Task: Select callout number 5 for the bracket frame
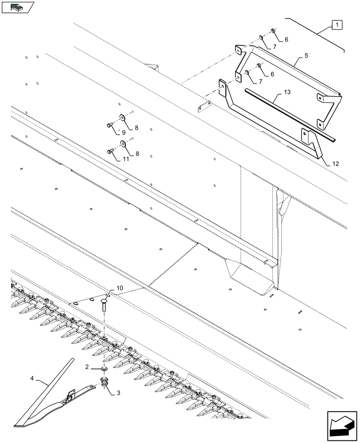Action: (x=306, y=57)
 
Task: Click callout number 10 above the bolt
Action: (x=120, y=288)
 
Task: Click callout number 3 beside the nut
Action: (x=118, y=393)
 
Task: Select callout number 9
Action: (x=124, y=132)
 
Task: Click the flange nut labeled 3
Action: (x=105, y=382)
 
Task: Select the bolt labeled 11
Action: (x=110, y=152)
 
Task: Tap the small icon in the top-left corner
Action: (x=18, y=7)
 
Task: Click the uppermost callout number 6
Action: (x=286, y=40)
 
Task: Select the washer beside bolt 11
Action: (x=122, y=144)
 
